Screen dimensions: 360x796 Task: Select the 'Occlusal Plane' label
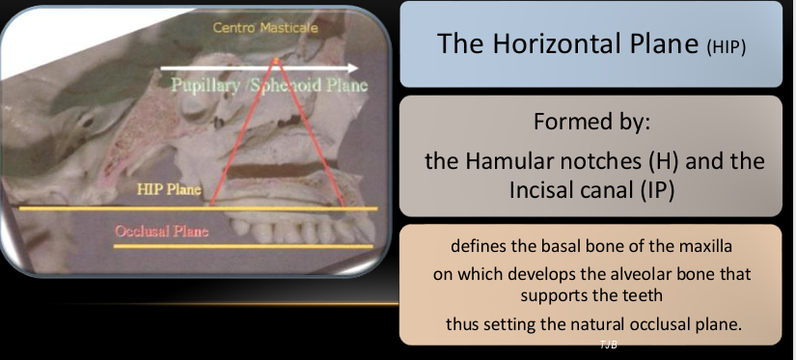pyautogui.click(x=161, y=232)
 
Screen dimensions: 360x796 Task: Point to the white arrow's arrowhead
pyautogui.click(x=353, y=68)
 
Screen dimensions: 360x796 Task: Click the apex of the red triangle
pyautogui.click(x=276, y=58)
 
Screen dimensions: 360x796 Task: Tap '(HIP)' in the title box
pyautogui.click(x=723, y=46)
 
